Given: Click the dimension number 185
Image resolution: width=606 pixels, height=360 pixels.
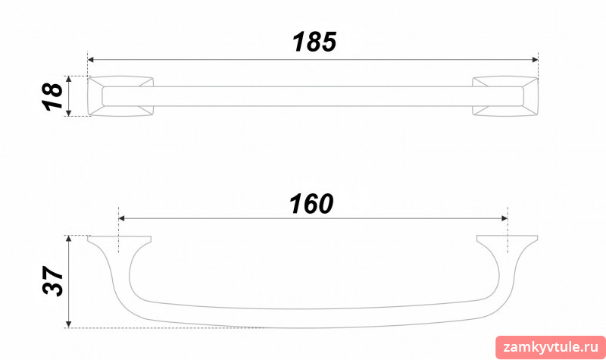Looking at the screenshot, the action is point(314,42).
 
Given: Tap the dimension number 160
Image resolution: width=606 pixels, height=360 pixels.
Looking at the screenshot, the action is point(311,204).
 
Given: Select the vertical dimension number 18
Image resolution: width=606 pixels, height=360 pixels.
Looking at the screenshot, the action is point(52,97).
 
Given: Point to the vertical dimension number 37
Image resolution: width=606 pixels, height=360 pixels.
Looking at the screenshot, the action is point(52,281).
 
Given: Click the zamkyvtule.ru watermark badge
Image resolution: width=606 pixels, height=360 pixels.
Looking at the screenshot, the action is point(551,348).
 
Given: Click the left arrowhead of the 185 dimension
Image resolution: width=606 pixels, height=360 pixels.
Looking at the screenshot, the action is point(91,60).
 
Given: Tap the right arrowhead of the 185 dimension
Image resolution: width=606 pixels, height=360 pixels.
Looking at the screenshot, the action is point(535,60).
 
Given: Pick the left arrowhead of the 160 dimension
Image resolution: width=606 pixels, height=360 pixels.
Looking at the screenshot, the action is point(121,218).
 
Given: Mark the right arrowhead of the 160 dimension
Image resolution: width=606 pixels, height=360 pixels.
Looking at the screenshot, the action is point(504,218).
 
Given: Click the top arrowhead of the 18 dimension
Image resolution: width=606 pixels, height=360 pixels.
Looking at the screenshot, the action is point(69,80).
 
